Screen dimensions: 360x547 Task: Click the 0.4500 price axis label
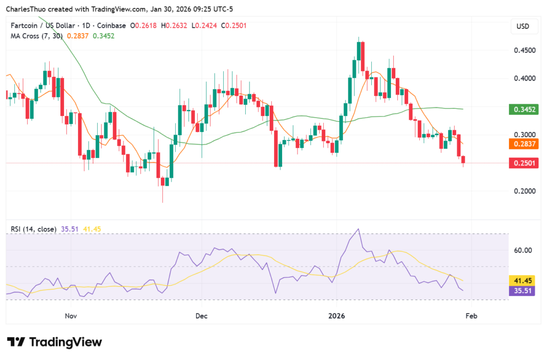(523, 50)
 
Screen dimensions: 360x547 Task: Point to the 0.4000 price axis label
(523, 79)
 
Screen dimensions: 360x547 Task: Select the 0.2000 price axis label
(523, 191)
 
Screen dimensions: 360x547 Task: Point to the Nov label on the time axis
(71, 316)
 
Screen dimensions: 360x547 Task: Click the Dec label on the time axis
(201, 316)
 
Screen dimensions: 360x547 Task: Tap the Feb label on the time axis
(471, 316)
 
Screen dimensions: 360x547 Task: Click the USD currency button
(522, 26)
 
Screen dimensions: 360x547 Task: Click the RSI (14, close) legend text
(33, 229)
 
